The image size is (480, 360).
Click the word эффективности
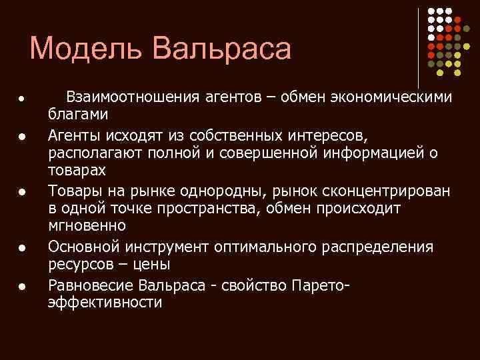[x=105, y=303]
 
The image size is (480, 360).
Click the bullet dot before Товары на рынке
[x=21, y=193]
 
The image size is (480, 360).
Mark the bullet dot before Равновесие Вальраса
[x=21, y=287]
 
